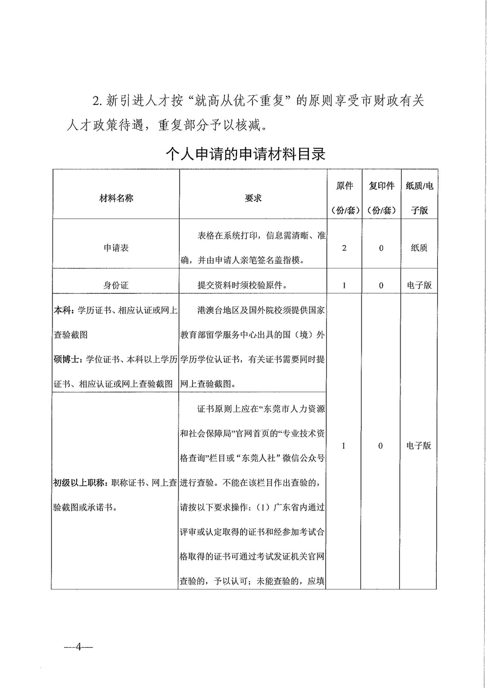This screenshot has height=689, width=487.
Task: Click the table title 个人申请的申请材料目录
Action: [x=245, y=154]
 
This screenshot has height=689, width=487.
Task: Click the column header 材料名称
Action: [x=115, y=198]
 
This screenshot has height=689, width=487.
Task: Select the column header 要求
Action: [x=253, y=198]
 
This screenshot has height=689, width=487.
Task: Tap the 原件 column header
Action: [x=345, y=198]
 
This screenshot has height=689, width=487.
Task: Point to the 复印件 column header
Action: [x=381, y=198]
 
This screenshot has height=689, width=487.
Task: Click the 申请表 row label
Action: [x=115, y=248]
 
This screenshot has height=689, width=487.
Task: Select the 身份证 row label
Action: [x=115, y=285]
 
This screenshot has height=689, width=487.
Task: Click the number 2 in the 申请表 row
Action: [x=345, y=248]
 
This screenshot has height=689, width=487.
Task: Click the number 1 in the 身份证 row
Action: [x=345, y=285]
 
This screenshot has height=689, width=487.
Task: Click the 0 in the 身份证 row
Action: [x=381, y=285]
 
